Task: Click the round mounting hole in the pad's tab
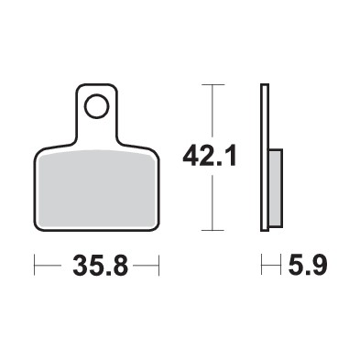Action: point(95,109)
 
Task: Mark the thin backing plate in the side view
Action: point(265,157)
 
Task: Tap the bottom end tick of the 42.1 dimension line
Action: point(213,229)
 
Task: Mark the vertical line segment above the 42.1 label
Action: point(213,110)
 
